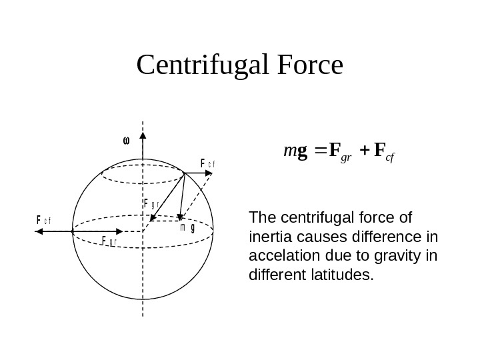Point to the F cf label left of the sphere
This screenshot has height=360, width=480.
click(44, 219)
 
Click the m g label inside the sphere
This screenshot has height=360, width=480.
click(187, 227)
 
